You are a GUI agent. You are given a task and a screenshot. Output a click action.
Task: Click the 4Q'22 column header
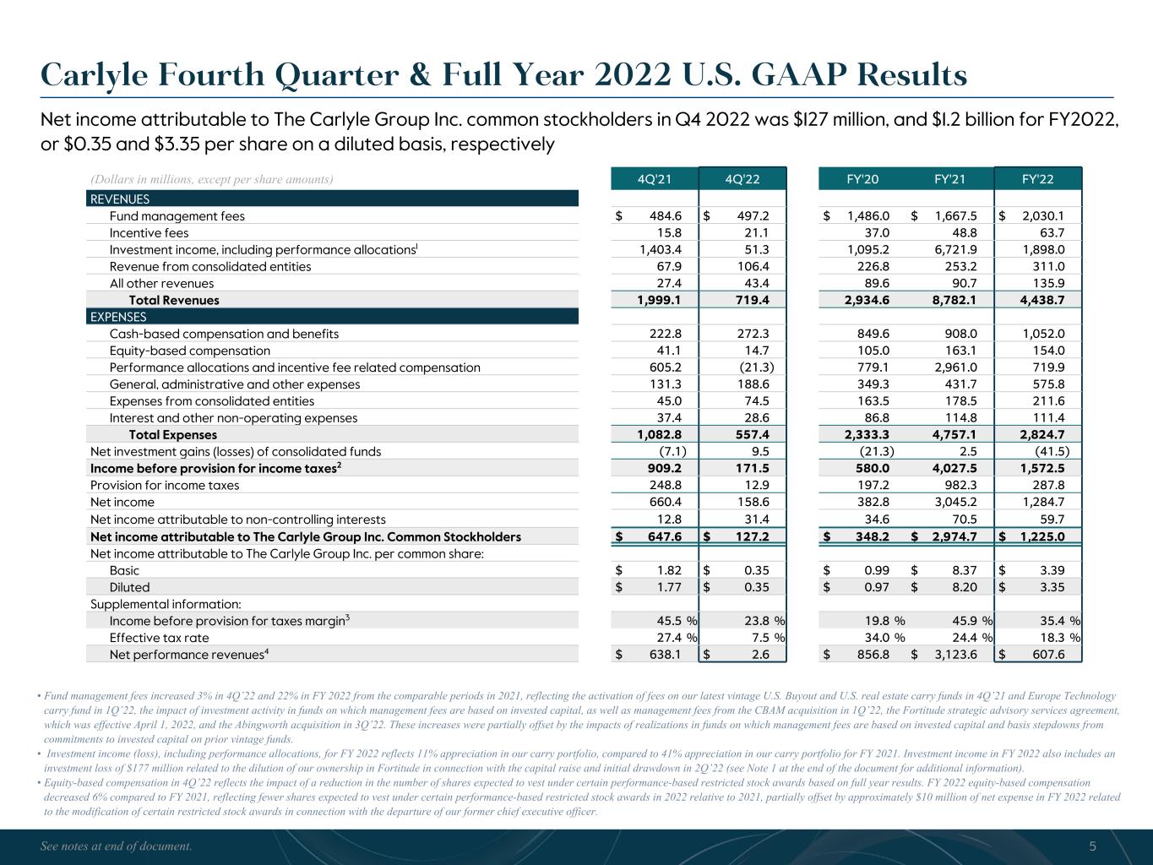(x=742, y=179)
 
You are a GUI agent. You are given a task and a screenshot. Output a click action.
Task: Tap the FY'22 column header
(x=1038, y=179)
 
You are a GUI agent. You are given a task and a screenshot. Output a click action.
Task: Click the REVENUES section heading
(x=119, y=199)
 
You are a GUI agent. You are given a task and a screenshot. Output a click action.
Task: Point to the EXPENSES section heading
(x=118, y=317)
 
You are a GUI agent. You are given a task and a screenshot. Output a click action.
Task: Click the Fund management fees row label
(x=177, y=216)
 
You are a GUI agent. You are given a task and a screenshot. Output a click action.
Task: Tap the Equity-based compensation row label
(x=190, y=351)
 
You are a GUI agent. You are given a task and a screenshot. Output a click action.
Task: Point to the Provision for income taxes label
(x=165, y=486)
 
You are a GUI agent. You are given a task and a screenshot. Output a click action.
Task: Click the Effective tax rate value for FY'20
(x=876, y=638)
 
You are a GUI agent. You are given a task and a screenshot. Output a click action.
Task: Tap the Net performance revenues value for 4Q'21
(x=664, y=655)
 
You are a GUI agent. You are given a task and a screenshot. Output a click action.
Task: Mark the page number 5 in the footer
(x=1092, y=846)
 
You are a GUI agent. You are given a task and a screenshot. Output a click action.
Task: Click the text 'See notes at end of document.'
(x=117, y=846)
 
